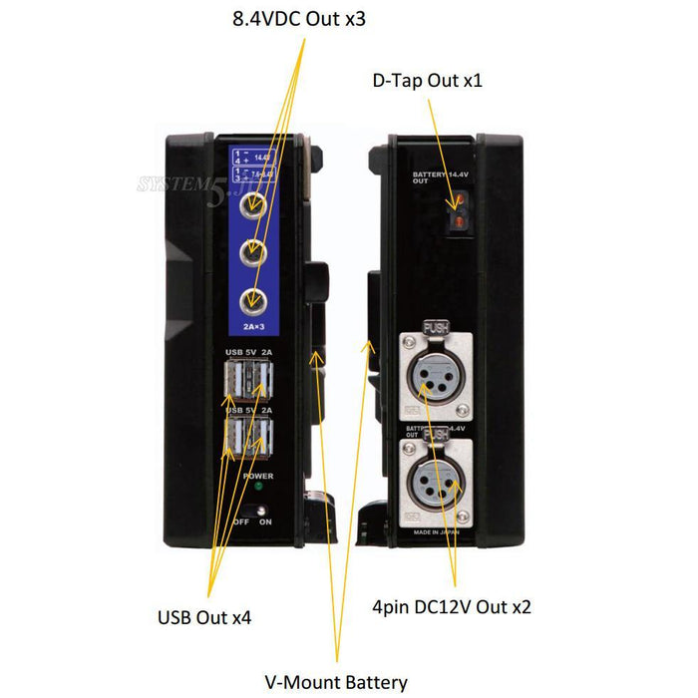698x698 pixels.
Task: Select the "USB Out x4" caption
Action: [x=203, y=617]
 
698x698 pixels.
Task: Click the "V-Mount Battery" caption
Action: [x=336, y=683]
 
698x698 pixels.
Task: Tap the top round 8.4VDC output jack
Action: [x=255, y=208]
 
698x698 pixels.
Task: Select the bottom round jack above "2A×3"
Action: [x=255, y=298]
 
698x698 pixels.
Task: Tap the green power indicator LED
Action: [x=257, y=489]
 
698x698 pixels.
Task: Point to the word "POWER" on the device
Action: [x=257, y=477]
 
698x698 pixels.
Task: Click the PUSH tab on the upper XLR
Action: [x=436, y=325]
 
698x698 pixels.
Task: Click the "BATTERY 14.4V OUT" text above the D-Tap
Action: [x=436, y=178]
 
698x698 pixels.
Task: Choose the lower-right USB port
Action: [x=264, y=438]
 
